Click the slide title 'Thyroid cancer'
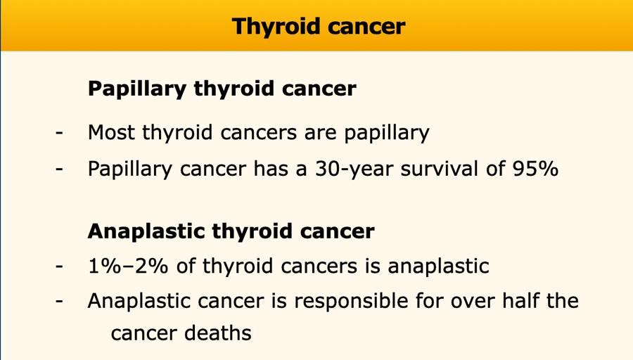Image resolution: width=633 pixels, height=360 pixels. point(319,27)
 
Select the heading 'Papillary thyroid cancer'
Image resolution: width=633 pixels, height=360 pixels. point(222,89)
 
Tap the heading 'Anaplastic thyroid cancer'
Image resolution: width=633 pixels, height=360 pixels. point(231,231)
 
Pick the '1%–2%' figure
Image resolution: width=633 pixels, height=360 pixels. point(127,266)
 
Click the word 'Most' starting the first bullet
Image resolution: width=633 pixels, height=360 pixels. point(111,132)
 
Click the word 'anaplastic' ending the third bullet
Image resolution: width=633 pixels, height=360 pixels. point(438,266)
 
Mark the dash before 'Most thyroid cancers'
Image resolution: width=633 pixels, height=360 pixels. point(59,133)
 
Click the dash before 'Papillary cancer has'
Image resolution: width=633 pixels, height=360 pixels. point(59,169)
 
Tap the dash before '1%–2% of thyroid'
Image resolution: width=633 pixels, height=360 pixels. point(59,266)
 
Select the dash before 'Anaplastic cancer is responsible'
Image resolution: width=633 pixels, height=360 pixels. point(59,301)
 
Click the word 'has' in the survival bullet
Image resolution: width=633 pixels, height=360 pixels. point(271,168)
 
